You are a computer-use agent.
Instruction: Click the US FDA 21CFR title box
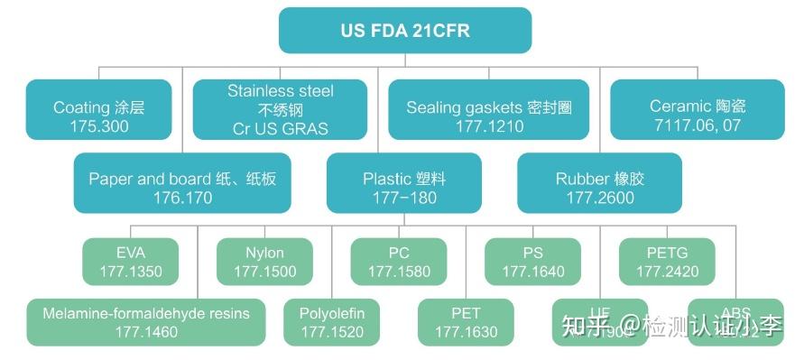[404, 30]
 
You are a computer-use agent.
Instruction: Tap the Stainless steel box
[280, 109]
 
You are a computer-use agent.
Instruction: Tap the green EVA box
[130, 261]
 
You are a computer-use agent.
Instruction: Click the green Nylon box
[264, 261]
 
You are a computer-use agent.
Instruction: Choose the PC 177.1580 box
[399, 261]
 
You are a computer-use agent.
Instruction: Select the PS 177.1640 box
[532, 261]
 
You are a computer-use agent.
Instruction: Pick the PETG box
[667, 261]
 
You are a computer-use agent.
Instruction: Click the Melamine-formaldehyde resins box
[146, 322]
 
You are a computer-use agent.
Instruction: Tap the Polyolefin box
[332, 322]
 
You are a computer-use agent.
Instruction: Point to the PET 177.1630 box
[466, 322]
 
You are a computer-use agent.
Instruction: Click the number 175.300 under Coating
[98, 126]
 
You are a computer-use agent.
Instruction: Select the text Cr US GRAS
[280, 129]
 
